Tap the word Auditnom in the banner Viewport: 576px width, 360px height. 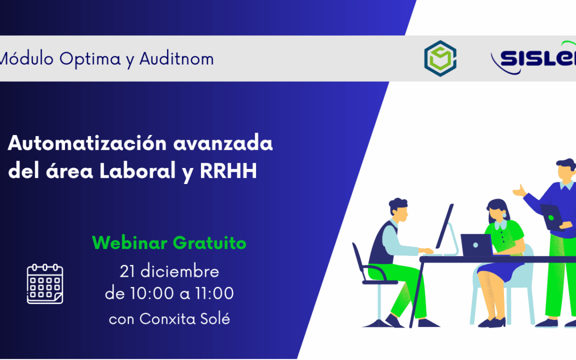click(177, 59)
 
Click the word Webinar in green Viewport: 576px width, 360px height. click(130, 243)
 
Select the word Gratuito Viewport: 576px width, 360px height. click(210, 244)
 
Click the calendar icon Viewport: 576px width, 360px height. click(45, 284)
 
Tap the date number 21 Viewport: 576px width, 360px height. click(127, 271)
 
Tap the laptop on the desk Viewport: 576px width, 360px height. click(476, 244)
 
